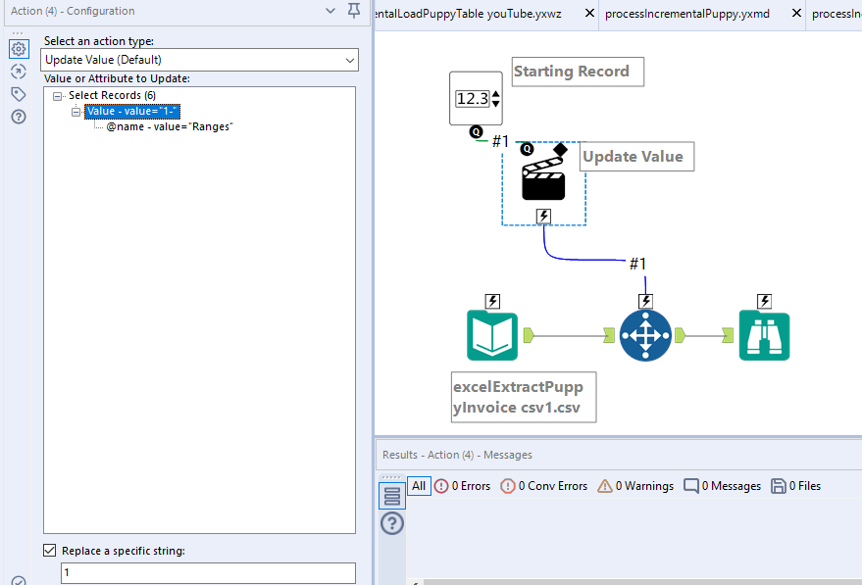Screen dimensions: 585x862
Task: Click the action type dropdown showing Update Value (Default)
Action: (x=200, y=61)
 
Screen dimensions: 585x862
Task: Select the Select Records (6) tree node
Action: (x=112, y=95)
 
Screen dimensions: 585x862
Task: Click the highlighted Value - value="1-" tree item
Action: (x=131, y=112)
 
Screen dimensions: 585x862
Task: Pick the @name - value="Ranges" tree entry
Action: (x=169, y=127)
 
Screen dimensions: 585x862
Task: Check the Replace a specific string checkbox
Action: (x=50, y=551)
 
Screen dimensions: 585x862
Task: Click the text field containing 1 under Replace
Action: (x=208, y=572)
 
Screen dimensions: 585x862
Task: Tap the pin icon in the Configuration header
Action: (x=354, y=11)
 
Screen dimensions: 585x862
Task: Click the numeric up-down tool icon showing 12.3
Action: (x=476, y=99)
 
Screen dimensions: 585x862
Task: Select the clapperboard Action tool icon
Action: (x=543, y=182)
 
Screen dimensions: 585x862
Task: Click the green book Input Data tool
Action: (x=492, y=336)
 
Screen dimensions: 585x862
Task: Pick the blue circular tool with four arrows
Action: (x=645, y=336)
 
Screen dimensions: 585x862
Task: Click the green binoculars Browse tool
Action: (x=764, y=336)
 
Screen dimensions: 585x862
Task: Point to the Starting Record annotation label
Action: (x=577, y=72)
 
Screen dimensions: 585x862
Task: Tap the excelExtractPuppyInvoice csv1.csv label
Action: (x=524, y=397)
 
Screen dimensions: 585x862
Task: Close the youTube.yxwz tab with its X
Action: (x=589, y=14)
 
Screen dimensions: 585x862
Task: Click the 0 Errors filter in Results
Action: (x=462, y=486)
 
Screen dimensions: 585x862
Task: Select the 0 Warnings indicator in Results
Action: (x=635, y=486)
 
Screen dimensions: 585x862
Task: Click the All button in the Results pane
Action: (x=419, y=486)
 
